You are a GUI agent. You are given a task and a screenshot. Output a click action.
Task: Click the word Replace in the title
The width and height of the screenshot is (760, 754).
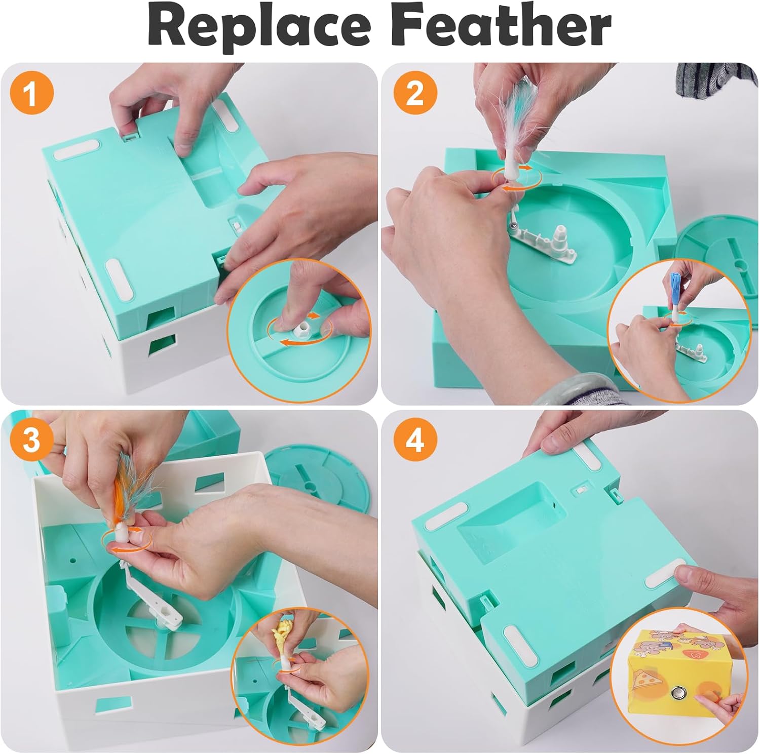pos(259,26)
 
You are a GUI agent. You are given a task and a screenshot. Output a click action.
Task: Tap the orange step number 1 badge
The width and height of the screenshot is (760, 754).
pos(31,94)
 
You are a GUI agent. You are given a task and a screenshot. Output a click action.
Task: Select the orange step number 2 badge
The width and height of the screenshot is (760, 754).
pos(414,94)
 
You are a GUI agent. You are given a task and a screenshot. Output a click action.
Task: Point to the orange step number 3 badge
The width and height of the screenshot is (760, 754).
pos(31,440)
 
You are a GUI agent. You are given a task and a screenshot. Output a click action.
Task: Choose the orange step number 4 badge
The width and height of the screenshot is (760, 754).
pos(414,440)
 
